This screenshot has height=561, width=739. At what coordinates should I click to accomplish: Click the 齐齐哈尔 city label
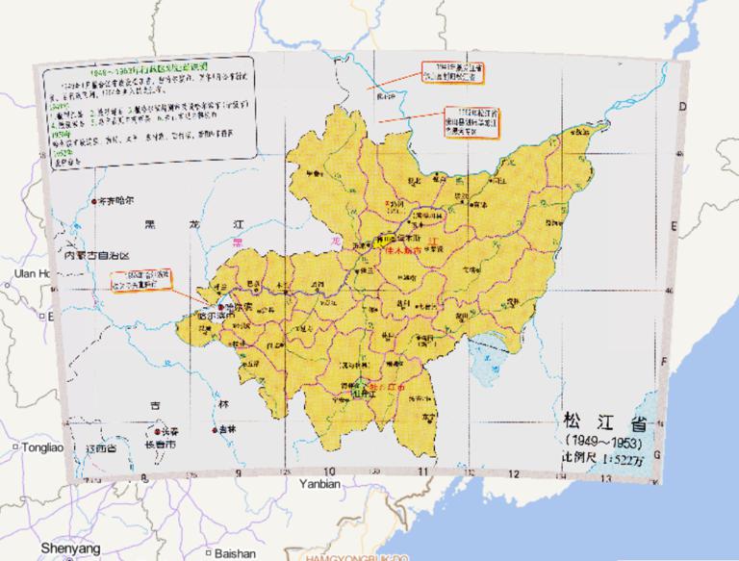pyautogui.click(x=115, y=202)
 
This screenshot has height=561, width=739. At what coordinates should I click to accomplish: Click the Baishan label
pyautogui.click(x=235, y=553)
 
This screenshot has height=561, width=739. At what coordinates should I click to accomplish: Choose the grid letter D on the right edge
pyautogui.click(x=683, y=107)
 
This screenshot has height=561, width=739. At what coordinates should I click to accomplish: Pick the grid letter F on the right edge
pyautogui.click(x=665, y=363)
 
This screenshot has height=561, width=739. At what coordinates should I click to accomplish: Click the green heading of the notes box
pyautogui.click(x=144, y=73)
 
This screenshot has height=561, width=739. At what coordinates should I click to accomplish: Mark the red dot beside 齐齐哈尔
pyautogui.click(x=93, y=203)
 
